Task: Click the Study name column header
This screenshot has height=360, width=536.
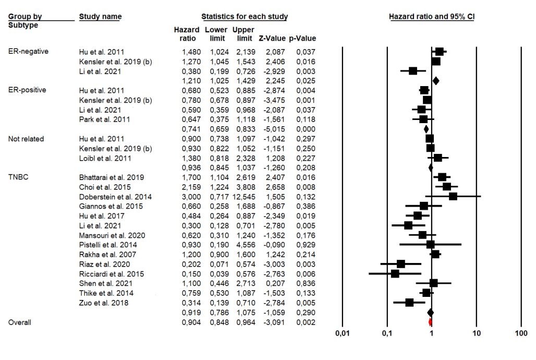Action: (x=100, y=17)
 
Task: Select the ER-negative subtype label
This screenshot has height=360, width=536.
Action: (x=29, y=52)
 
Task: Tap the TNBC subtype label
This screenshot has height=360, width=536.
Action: (x=18, y=177)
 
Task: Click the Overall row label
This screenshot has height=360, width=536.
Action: (x=20, y=322)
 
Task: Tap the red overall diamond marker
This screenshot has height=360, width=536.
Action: (x=430, y=322)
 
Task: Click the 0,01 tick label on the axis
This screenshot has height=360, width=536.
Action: (x=342, y=333)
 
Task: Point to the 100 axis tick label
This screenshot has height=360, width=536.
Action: (x=521, y=333)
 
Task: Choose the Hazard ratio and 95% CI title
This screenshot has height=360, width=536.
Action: (x=432, y=17)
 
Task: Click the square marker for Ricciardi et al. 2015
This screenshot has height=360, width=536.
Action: (x=395, y=273)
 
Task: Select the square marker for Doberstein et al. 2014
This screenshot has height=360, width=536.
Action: (x=453, y=196)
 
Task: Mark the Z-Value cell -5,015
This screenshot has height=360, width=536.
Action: (x=274, y=129)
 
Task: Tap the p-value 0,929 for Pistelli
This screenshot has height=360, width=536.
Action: (x=306, y=245)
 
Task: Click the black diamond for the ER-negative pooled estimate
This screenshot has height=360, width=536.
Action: (x=435, y=80)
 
